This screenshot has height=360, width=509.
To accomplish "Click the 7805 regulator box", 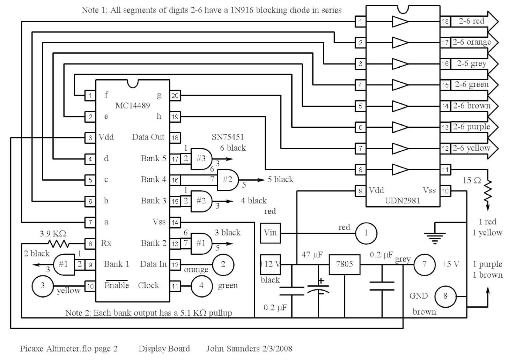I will point(344,264).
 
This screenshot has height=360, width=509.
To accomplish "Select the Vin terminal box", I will point(270,233).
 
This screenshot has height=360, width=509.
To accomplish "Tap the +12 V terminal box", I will point(270,264).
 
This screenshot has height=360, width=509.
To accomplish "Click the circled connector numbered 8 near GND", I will point(445,296).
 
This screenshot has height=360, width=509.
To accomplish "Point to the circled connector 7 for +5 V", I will point(424,264).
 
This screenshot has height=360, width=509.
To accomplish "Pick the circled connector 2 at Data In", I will point(223,264).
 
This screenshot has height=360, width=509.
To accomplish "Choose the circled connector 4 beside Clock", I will point(201,286).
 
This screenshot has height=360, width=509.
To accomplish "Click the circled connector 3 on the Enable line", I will point(43,286).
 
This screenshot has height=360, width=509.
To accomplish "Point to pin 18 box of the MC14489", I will point(175,138).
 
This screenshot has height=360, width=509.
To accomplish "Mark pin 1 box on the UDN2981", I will point(360,22).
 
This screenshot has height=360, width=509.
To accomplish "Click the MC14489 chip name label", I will point(132,105).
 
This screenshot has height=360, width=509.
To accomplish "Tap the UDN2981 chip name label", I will point(402,201).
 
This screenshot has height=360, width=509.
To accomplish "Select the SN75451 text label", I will point(228,137).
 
